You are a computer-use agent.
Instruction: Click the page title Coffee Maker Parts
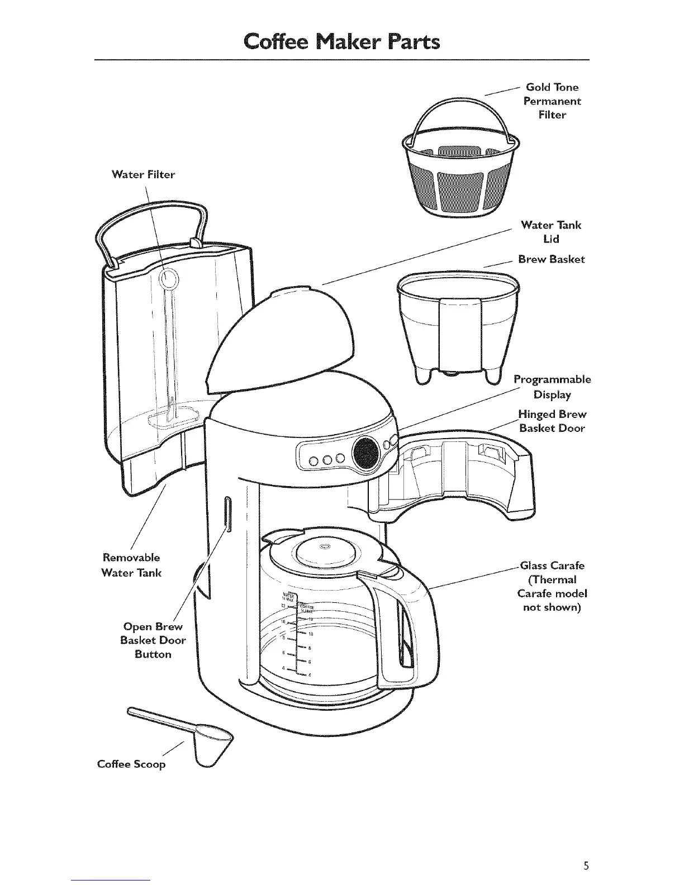pyautogui.click(x=341, y=41)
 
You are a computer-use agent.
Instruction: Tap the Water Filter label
pyautogui.click(x=143, y=174)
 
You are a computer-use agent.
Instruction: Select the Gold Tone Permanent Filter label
pyautogui.click(x=552, y=101)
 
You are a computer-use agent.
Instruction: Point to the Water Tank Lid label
pyautogui.click(x=551, y=231)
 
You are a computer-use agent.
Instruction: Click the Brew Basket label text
pyautogui.click(x=552, y=259)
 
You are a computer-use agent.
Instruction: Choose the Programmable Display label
pyautogui.click(x=552, y=387)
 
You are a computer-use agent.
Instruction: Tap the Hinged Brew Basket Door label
pyautogui.click(x=552, y=421)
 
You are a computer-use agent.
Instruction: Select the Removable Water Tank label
pyautogui.click(x=131, y=565)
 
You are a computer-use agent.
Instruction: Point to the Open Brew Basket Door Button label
pyautogui.click(x=153, y=640)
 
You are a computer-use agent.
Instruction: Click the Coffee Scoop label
pyautogui.click(x=131, y=764)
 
